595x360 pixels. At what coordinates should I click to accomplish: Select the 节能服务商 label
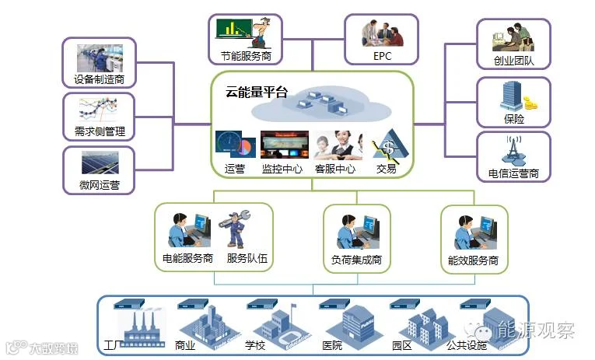tap(245, 56)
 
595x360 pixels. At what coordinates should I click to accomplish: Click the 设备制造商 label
tap(99, 79)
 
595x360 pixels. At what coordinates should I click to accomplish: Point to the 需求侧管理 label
tap(99, 131)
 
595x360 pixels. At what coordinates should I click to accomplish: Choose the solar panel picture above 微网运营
tap(99, 163)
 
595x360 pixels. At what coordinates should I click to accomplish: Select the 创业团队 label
tap(513, 61)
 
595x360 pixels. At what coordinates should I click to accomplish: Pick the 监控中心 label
tap(282, 169)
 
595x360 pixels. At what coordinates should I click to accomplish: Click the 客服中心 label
tap(334, 169)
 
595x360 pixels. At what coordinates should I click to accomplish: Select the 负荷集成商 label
tap(355, 260)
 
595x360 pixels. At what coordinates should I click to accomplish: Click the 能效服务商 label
tap(474, 260)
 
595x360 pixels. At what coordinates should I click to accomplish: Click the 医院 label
tap(331, 344)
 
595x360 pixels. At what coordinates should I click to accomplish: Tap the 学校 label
tap(256, 344)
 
